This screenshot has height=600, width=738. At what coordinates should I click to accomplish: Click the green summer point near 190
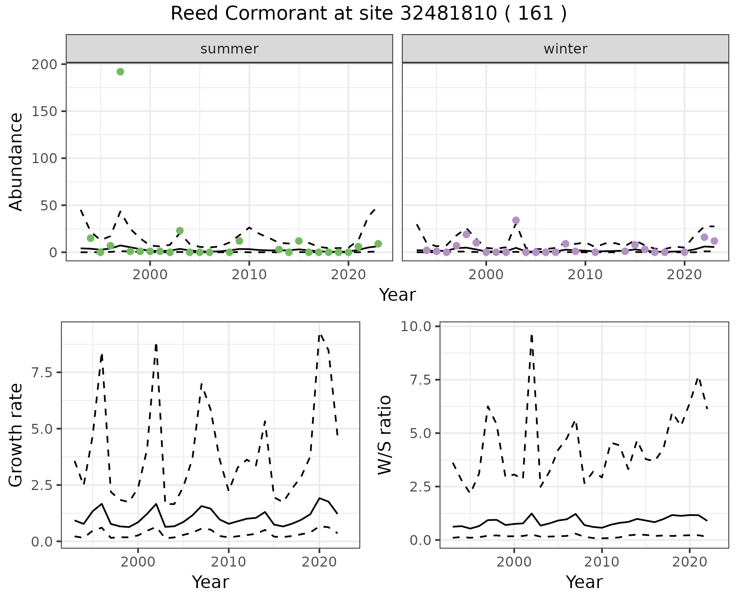(x=120, y=72)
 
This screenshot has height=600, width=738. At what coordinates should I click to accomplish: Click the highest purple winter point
(x=516, y=220)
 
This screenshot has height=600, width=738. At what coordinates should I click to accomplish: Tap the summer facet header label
(x=229, y=49)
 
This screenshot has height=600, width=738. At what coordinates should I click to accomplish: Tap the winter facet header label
(x=565, y=49)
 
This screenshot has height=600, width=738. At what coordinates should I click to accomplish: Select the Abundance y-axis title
(x=16, y=162)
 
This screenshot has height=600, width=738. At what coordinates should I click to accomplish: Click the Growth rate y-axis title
(x=16, y=435)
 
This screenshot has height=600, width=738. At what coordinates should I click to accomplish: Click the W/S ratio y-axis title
(x=384, y=435)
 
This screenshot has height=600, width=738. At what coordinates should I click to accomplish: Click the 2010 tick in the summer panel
(x=249, y=275)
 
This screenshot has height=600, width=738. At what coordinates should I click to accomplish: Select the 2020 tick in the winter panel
(x=684, y=275)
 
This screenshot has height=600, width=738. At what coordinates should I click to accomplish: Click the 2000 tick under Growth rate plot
(x=138, y=562)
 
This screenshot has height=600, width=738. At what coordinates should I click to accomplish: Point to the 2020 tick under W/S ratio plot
(x=690, y=562)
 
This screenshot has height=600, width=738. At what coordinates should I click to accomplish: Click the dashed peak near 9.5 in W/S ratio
(x=531, y=335)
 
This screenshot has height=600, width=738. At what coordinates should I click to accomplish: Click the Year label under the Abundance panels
(x=397, y=295)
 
